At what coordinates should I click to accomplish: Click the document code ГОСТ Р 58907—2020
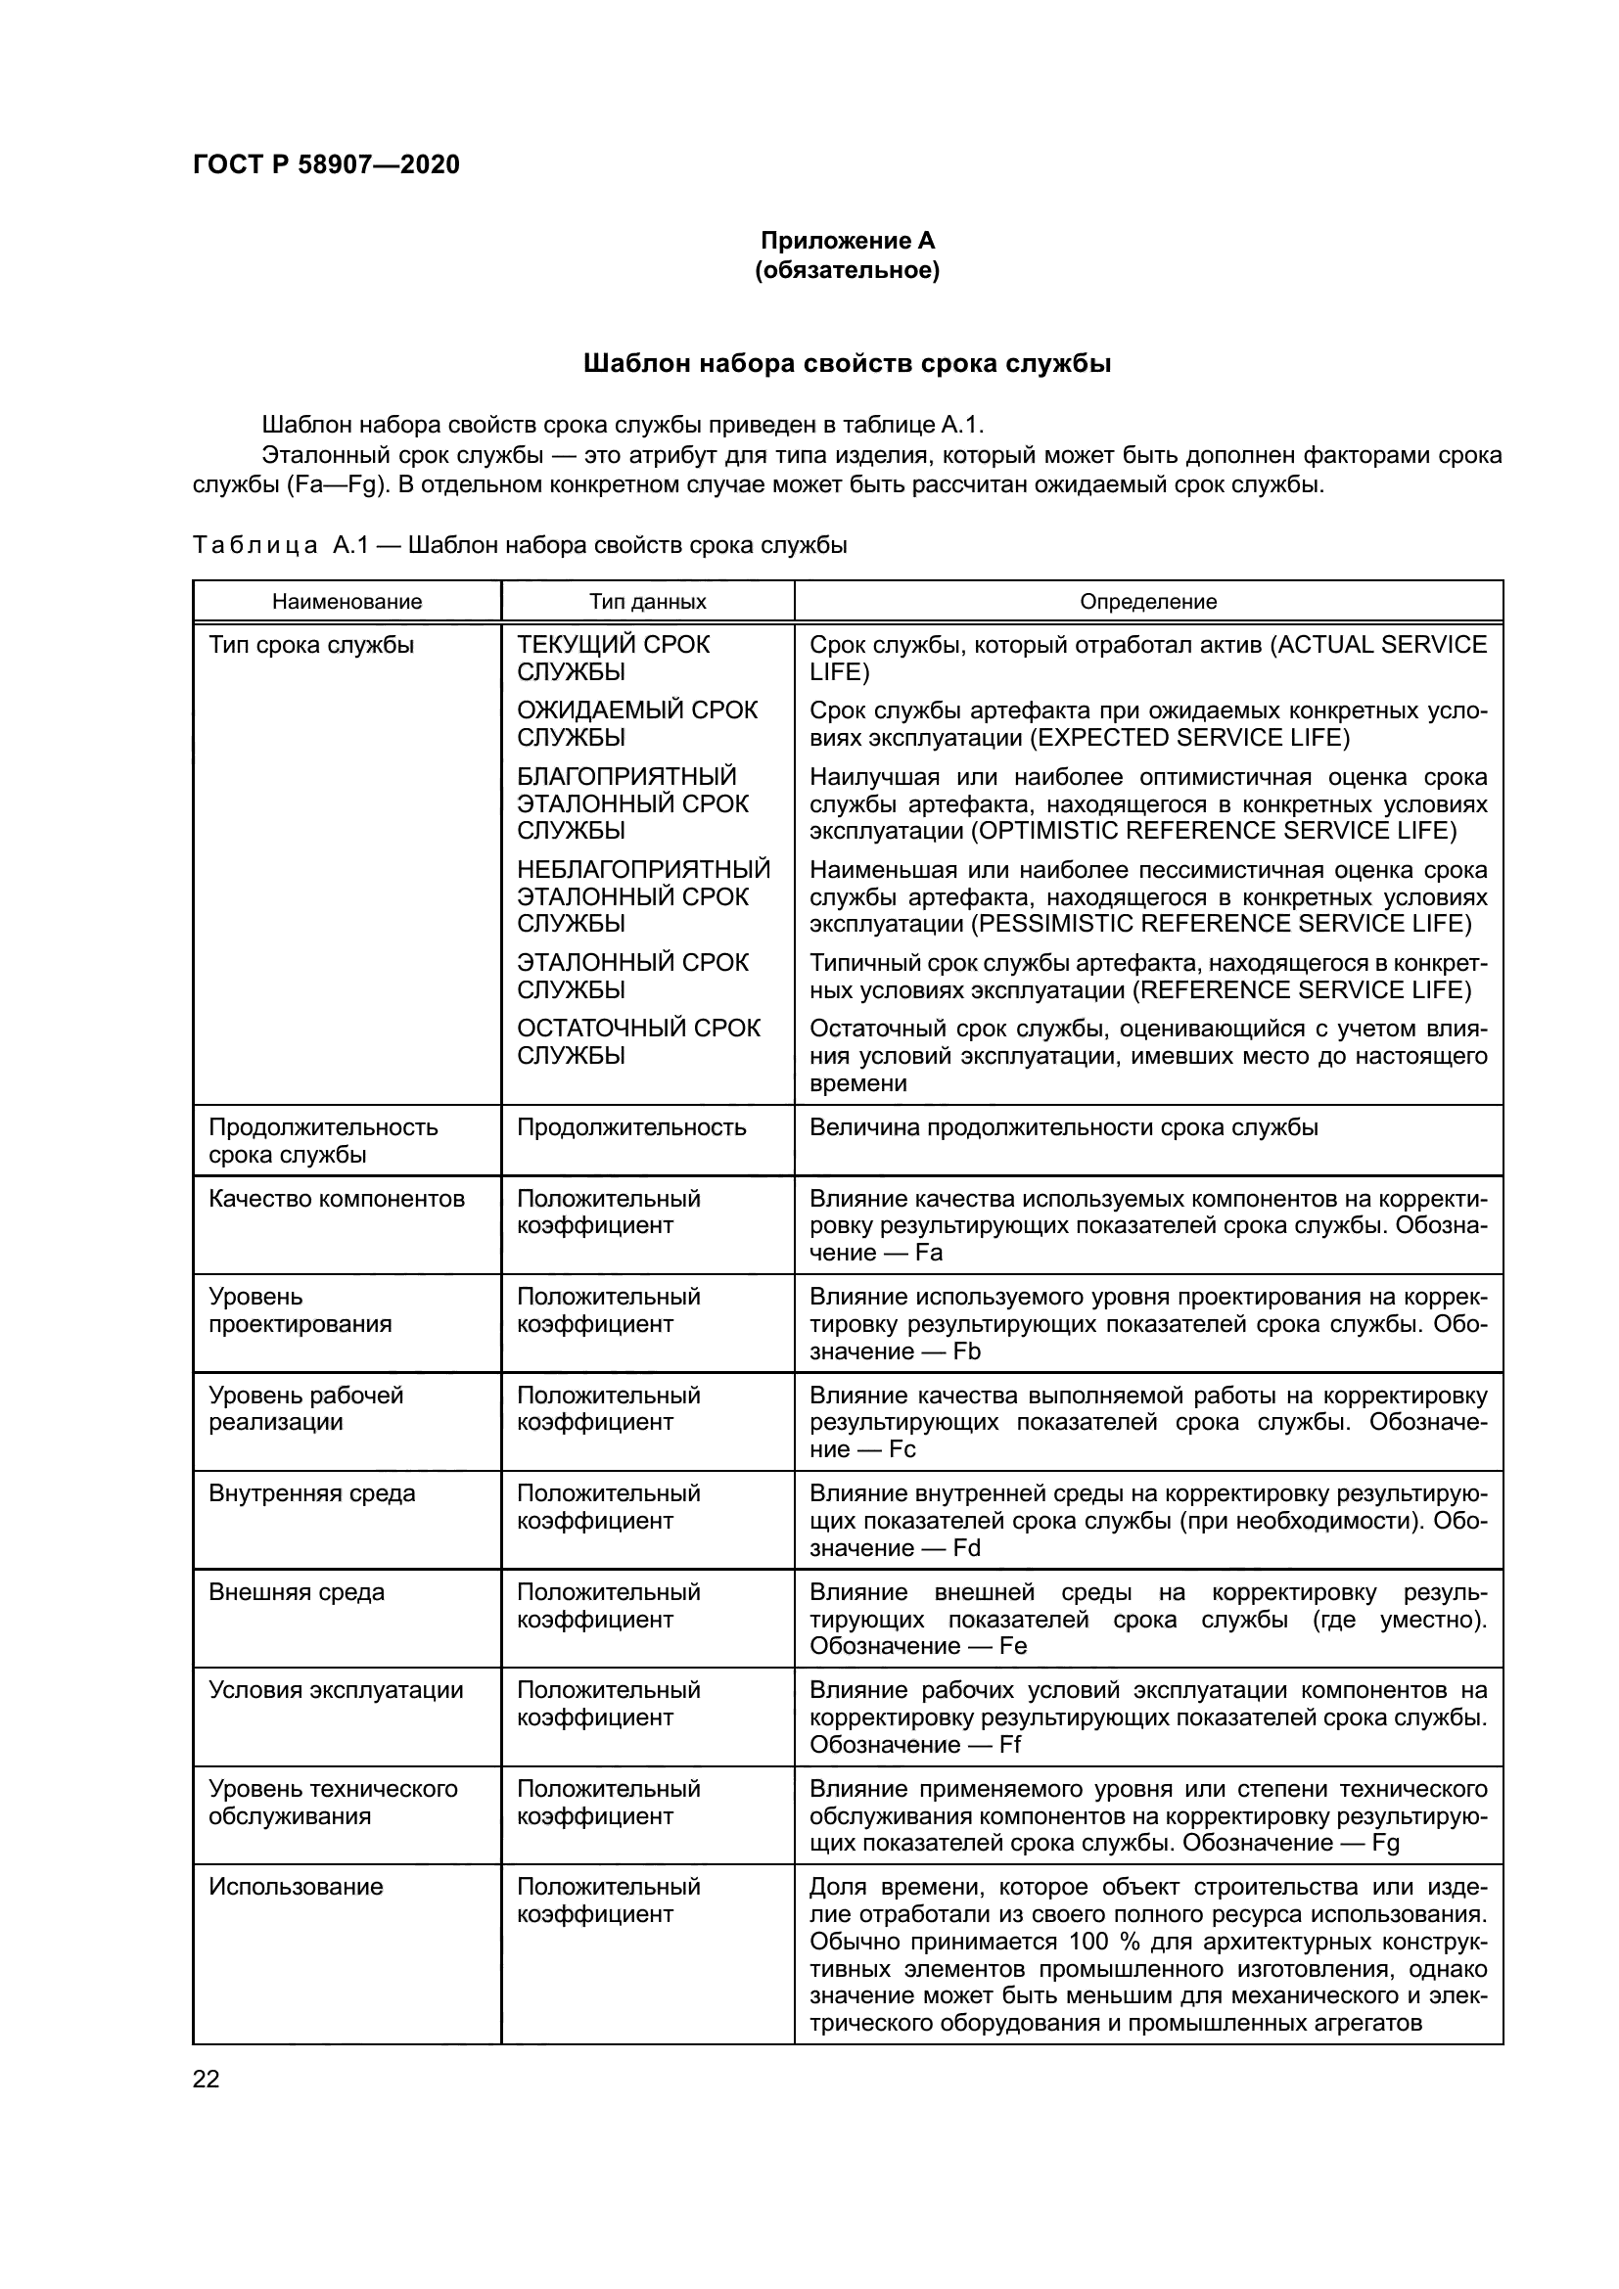(326, 165)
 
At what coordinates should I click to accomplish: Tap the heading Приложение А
(848, 242)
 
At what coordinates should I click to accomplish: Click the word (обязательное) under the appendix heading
(848, 271)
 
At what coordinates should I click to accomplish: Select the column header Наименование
(347, 602)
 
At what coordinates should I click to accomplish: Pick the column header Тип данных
(647, 602)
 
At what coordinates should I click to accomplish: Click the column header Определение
(1148, 602)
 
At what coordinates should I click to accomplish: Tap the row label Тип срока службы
(311, 645)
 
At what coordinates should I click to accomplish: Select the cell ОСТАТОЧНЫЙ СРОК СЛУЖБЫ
(638, 1042)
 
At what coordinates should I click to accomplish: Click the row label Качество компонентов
(337, 1199)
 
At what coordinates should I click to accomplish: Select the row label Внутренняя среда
(312, 1493)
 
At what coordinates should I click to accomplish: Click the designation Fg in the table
(1386, 1844)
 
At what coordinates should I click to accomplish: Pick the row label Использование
(296, 1887)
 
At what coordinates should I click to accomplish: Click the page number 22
(206, 2080)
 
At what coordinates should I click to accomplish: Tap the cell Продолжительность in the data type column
(631, 1127)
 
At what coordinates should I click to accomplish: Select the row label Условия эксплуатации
(336, 1690)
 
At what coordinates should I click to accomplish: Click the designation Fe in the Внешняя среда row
(1013, 1647)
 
